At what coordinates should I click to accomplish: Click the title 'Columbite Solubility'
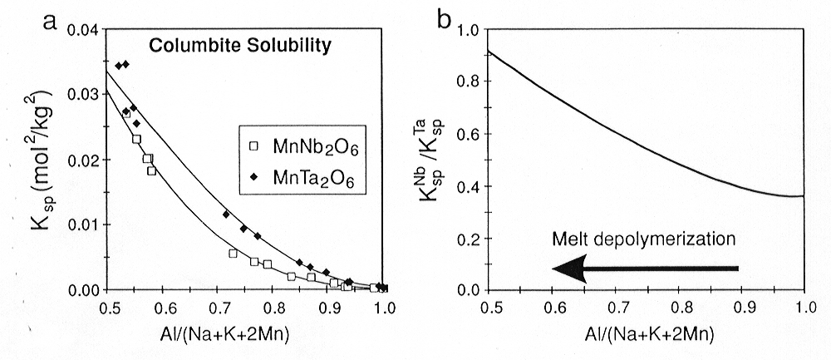(x=240, y=47)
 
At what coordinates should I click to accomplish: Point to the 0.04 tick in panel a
(x=84, y=31)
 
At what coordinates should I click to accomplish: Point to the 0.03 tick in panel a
(x=84, y=95)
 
